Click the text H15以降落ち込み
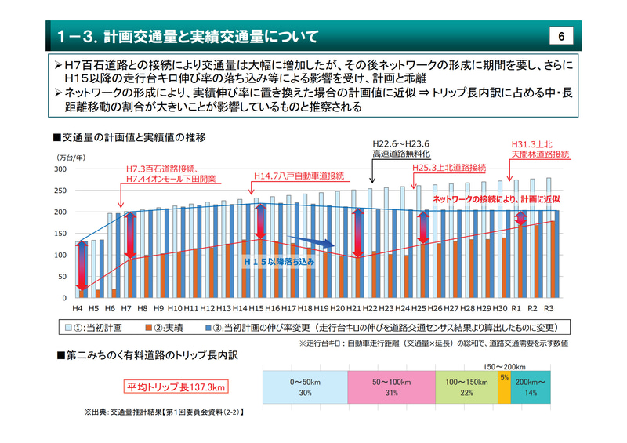277,261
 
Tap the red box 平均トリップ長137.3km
176,387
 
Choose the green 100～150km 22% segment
467,387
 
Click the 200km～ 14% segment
531,387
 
